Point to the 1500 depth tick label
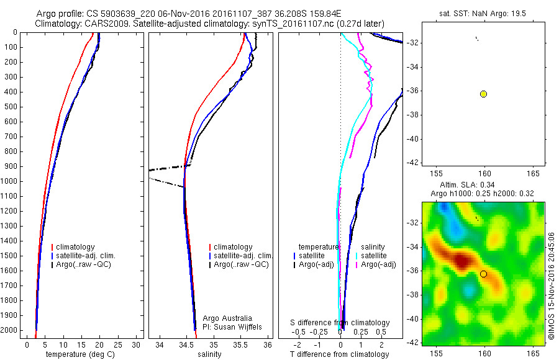[x=9, y=256]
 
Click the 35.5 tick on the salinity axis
[x=241, y=344]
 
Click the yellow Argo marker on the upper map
[x=483, y=94]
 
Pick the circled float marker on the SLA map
[x=483, y=274]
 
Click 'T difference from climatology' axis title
[x=339, y=354]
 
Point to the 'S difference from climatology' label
[x=340, y=323]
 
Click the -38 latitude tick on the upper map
[x=414, y=115]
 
